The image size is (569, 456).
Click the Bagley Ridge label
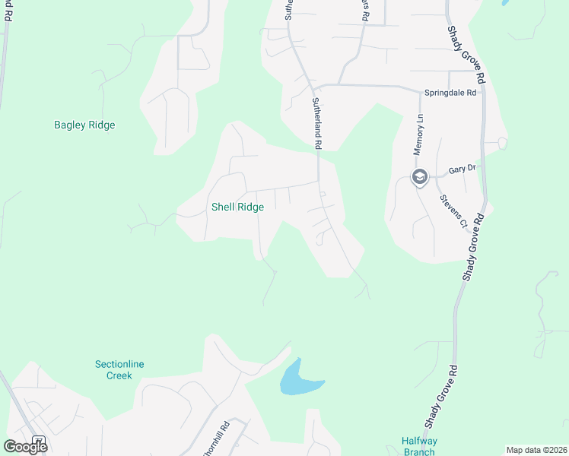(x=84, y=125)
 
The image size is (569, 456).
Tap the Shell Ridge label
(x=237, y=207)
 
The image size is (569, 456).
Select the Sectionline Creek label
(x=119, y=370)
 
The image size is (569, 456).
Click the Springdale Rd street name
(x=450, y=93)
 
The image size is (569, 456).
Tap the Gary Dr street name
(x=461, y=170)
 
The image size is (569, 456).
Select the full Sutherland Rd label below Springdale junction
(x=317, y=122)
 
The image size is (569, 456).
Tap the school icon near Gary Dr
(x=418, y=177)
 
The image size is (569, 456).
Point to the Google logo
(x=24, y=447)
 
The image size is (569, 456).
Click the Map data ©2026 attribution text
(x=536, y=450)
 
